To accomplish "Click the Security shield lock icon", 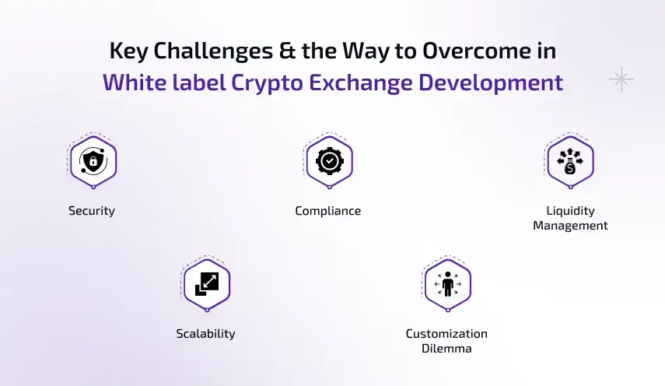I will (93, 161).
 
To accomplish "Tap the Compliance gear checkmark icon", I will (329, 161).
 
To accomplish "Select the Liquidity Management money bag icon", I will (570, 161).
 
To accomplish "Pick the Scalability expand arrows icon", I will (206, 284).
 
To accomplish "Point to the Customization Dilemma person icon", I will (447, 284).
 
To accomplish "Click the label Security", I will (92, 211).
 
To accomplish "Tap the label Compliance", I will (328, 211).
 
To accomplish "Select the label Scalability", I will (205, 334).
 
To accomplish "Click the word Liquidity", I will (570, 211).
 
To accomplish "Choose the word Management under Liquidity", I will (570, 226).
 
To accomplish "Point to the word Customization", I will (446, 334).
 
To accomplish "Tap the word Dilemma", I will (446, 349).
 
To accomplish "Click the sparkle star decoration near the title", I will (621, 79).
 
